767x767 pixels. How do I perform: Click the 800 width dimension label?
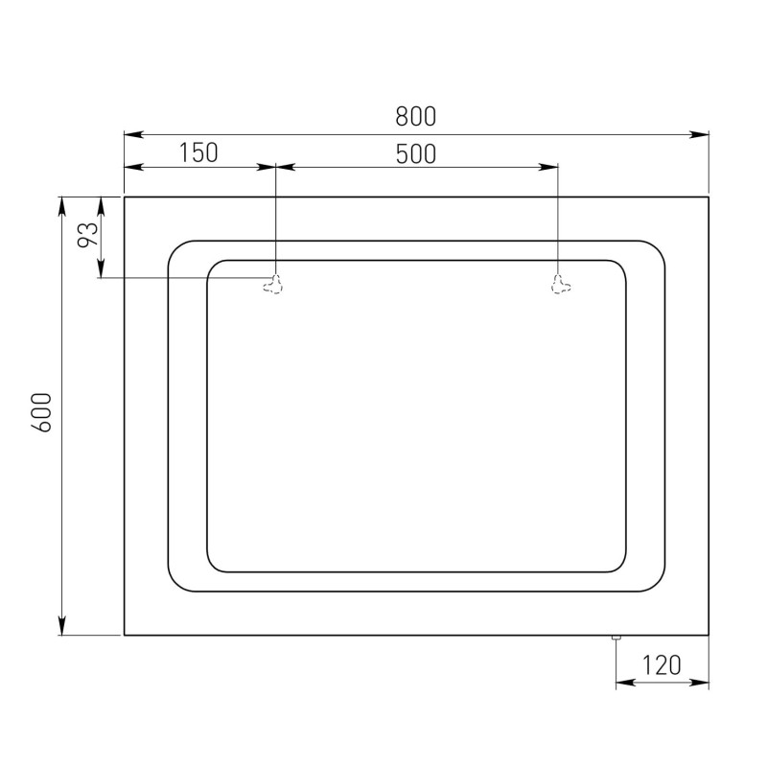[415, 116]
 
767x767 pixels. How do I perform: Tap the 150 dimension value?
[198, 152]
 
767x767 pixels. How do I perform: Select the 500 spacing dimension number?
[416, 153]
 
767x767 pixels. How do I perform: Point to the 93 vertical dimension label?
[88, 234]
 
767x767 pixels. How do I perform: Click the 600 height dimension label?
[41, 412]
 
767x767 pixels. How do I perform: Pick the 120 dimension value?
[662, 664]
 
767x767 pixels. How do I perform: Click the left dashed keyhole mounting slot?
[272, 284]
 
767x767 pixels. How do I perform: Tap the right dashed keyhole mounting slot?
[561, 284]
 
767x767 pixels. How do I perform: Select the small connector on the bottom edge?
[616, 638]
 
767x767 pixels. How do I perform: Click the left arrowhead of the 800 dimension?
[133, 134]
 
